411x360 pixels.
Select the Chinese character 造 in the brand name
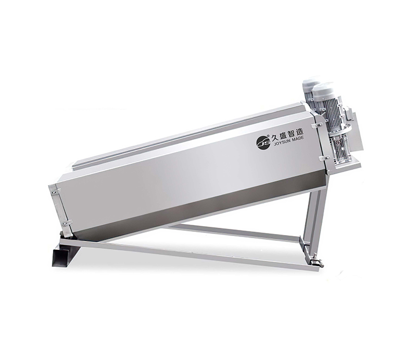299,131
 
